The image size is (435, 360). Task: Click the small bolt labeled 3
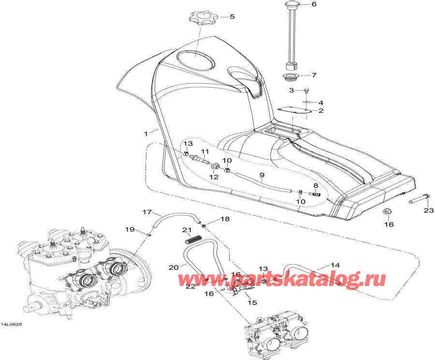click(307, 90)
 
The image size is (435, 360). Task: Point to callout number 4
click(321, 103)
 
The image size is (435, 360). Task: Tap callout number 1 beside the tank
click(146, 134)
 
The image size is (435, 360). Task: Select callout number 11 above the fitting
click(205, 151)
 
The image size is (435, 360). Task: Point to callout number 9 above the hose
click(262, 175)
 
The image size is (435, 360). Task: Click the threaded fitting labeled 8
click(314, 193)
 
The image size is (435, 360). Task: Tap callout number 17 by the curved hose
click(147, 212)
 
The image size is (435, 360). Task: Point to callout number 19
click(130, 229)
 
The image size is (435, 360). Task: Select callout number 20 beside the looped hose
click(174, 268)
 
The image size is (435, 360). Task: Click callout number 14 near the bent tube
click(335, 265)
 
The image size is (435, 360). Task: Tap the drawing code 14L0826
click(12, 325)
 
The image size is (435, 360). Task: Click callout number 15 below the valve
click(252, 302)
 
